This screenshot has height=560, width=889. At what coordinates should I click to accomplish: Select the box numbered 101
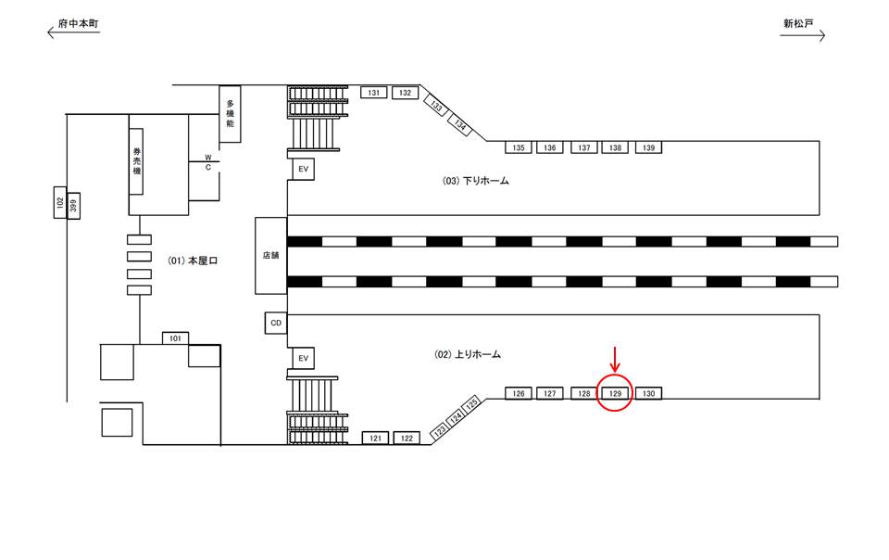tap(175, 338)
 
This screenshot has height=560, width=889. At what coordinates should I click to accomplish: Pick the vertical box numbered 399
tap(74, 205)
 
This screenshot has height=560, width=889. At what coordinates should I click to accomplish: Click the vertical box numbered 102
tap(58, 205)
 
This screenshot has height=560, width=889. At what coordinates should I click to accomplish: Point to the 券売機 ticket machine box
tap(136, 160)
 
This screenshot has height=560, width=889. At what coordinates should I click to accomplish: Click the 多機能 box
tap(230, 113)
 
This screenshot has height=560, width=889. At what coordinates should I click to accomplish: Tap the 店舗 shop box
tap(271, 257)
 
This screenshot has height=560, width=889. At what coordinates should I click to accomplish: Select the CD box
tap(275, 323)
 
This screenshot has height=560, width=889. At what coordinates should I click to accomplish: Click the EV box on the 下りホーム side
tap(301, 170)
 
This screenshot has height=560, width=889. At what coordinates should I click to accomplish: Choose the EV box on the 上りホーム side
tap(301, 358)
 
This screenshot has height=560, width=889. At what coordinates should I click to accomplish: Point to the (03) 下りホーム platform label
tap(475, 181)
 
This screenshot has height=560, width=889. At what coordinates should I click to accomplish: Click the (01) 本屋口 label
tap(193, 261)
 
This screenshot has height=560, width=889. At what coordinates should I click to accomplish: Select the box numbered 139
tap(648, 147)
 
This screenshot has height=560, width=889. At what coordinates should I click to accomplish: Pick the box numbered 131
tap(374, 93)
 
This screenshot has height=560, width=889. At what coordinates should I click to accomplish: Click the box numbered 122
tap(407, 438)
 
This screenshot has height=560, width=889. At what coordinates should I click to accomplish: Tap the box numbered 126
tap(519, 393)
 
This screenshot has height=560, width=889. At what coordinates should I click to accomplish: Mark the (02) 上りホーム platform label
tap(468, 354)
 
